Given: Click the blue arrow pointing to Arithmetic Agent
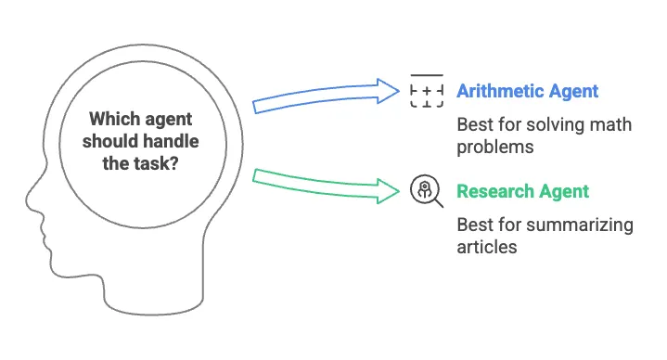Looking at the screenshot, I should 315,96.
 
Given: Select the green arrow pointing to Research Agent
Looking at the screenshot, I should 315,181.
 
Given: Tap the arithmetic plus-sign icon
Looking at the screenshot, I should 426,91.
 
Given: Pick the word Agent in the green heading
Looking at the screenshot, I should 566,191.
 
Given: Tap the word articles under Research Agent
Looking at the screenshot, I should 486,247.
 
